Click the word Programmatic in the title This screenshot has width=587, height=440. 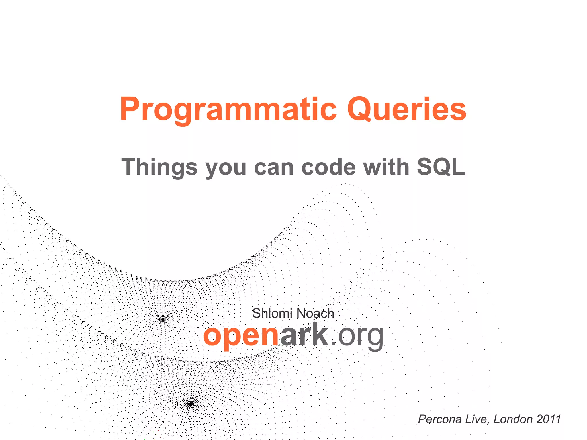pos(228,109)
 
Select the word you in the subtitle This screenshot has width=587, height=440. pos(226,167)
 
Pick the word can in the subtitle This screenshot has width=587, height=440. pos(274,167)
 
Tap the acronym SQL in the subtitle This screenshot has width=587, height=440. pos(441,167)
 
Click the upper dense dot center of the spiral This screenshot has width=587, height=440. pos(163,319)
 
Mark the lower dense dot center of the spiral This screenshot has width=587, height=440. pos(191,404)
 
